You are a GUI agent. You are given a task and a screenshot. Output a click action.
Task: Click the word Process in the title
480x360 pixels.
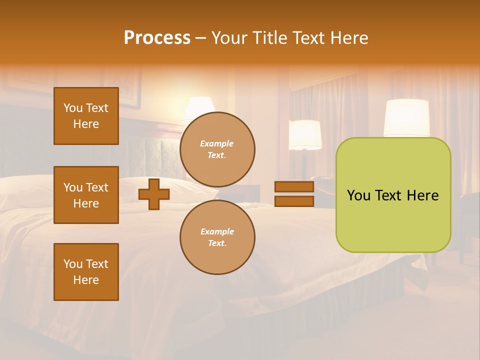point(157,38)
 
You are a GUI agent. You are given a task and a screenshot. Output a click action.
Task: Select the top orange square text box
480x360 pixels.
point(86,116)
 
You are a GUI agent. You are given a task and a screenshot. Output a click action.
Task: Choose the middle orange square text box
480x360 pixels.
point(86,195)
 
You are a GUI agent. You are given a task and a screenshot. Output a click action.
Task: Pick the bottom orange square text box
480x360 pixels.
point(86,272)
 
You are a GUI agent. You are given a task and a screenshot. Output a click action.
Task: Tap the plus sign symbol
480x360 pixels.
point(154,194)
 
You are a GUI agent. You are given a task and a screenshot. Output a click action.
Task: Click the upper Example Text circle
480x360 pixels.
point(217,149)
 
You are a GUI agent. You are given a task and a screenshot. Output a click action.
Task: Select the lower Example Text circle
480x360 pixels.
point(217,237)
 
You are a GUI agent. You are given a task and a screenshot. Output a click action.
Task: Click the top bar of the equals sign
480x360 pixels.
point(294,187)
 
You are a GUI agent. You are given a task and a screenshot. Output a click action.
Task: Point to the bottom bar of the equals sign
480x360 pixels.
point(294,201)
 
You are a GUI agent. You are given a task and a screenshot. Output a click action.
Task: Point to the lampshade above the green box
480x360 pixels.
point(406,118)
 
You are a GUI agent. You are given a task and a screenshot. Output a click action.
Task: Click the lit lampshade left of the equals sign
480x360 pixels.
point(305,134)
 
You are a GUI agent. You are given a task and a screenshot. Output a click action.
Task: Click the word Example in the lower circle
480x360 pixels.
point(217,231)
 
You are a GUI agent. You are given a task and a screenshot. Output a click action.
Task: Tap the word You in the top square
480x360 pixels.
point(72,108)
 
